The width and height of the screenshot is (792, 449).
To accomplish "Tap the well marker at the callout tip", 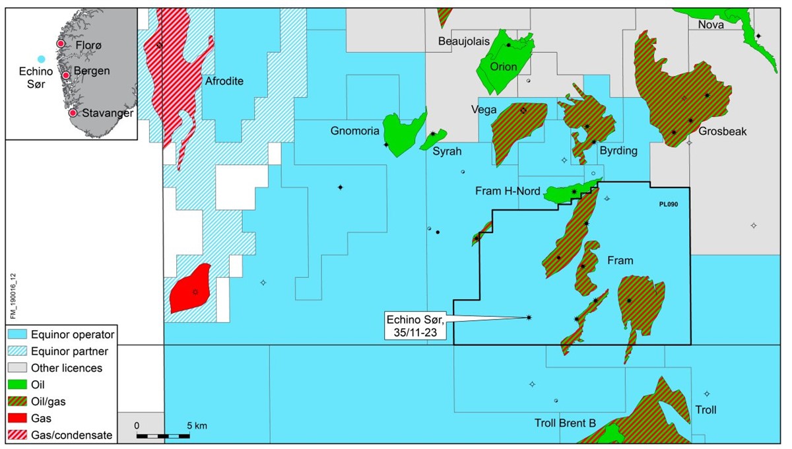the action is pos(529,318).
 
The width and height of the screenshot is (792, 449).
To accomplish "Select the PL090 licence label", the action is pos(668,205).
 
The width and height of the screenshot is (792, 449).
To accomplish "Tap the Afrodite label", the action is pos(224,81).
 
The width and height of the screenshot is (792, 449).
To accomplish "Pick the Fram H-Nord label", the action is pos(508,191).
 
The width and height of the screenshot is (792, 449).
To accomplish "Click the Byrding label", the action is pos(618,151).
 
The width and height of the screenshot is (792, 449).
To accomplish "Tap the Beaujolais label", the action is pos(464,41).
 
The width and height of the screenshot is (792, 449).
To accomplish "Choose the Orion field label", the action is pos(504,67).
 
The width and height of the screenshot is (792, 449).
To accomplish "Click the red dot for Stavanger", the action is pos(73,113).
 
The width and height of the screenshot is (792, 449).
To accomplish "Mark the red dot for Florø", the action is pos(60,44).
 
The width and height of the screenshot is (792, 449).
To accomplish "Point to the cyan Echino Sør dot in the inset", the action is pos(41,59).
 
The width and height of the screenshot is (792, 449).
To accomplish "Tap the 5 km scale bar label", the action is pos(197,426).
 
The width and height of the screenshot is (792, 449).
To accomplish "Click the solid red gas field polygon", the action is pos(190,289).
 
